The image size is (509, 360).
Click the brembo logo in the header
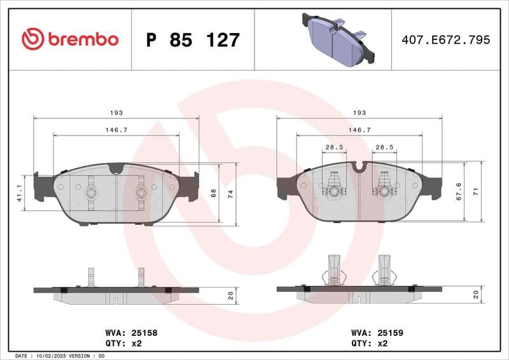pyautogui.click(x=70, y=39)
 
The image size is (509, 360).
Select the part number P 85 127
pyautogui.click(x=193, y=40)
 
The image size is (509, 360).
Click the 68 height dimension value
pyautogui.click(x=214, y=193)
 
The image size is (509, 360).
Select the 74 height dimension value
pyautogui.click(x=231, y=193)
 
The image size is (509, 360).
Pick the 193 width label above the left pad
pyautogui.click(x=116, y=113)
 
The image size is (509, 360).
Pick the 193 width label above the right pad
pyautogui.click(x=359, y=113)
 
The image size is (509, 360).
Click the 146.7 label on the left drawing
pyautogui.click(x=116, y=130)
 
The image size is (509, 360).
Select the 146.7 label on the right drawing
pyautogui.click(x=359, y=130)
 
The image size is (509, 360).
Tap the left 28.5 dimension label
pyautogui.click(x=334, y=147)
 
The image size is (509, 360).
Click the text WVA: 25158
pyautogui.click(x=131, y=333)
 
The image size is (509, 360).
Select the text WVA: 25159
pyautogui.click(x=377, y=333)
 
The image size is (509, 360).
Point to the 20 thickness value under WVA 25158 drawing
pyautogui.click(x=230, y=296)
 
